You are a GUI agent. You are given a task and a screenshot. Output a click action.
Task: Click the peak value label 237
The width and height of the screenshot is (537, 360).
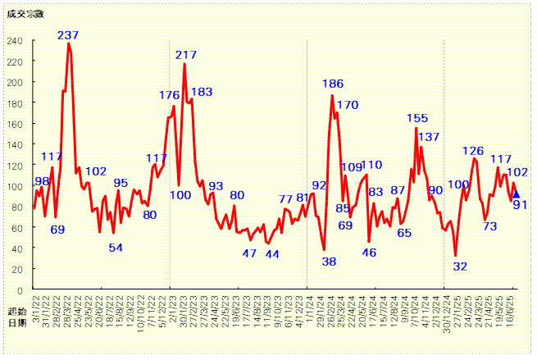68,35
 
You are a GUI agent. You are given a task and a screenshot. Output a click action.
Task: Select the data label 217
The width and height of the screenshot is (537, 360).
186,55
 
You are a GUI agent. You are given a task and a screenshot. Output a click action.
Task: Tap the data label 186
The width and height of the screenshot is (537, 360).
333,84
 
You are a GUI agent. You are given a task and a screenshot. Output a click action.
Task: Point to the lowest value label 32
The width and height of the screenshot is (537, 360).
460,267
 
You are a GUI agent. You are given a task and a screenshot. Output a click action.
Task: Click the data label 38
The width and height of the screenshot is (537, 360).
329,262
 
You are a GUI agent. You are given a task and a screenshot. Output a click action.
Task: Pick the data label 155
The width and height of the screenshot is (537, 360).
417,118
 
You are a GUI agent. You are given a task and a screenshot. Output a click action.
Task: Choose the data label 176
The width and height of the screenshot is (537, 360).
169,95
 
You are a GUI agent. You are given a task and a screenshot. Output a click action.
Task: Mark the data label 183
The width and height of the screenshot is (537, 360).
202,92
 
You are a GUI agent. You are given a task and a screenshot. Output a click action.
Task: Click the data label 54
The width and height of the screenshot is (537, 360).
116,248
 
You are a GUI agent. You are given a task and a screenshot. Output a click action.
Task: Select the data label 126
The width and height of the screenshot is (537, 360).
473,151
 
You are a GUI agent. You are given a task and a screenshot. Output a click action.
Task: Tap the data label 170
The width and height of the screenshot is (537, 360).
348,105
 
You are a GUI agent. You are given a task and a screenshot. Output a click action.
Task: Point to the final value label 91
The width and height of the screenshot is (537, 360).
520,205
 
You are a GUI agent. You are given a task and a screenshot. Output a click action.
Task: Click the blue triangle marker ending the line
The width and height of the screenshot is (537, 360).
516,194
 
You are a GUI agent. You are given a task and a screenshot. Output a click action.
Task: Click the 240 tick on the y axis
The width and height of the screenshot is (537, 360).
16,40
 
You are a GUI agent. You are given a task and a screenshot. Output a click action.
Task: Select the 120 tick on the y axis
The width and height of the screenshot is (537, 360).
16,165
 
